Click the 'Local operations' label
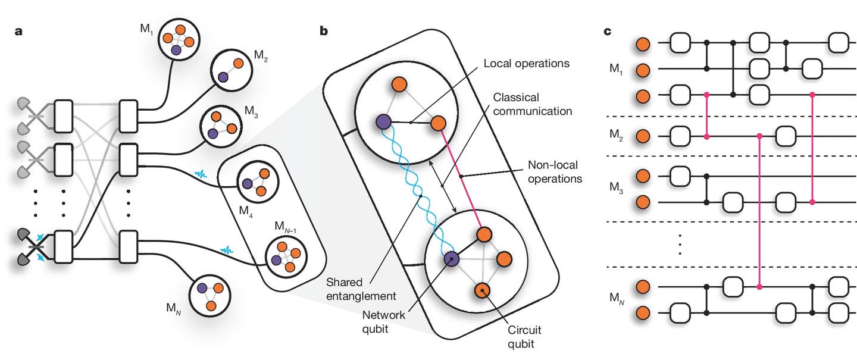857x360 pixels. coord(518,63)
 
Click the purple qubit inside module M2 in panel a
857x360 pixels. coord(222,77)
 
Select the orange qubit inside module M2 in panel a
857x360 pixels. coord(237,63)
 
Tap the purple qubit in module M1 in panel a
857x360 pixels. coord(176,51)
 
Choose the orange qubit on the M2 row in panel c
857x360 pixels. coord(642,137)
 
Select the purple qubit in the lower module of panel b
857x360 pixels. coord(451,259)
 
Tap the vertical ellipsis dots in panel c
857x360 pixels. coord(680,244)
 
